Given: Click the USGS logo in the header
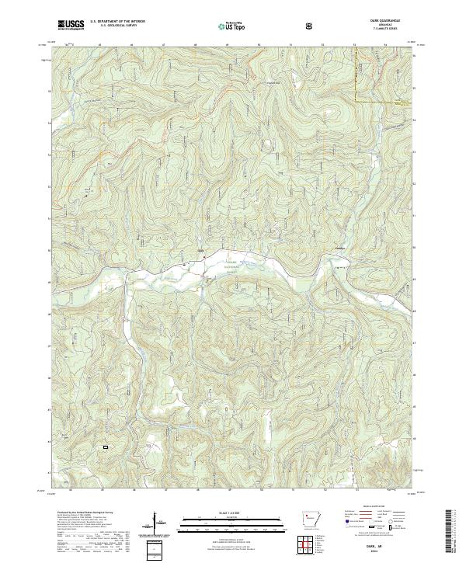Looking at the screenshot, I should tap(71, 25).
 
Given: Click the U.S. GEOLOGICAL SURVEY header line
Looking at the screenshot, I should tap(113, 26).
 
